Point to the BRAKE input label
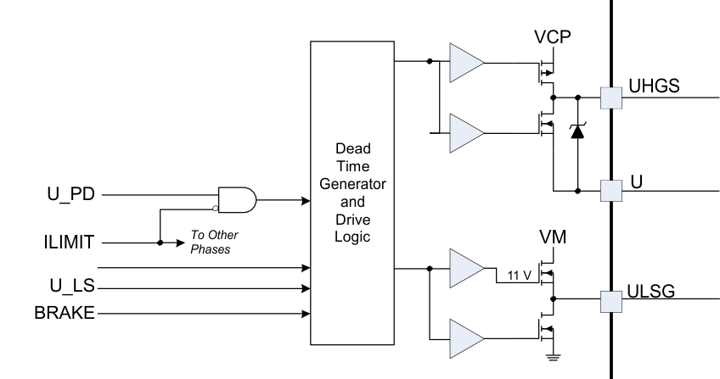[x=64, y=314]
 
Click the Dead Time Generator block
[x=353, y=192]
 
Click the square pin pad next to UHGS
[x=611, y=98]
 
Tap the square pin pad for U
[x=611, y=188]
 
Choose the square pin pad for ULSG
[x=611, y=299]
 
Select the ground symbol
[x=553, y=358]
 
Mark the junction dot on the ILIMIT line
[x=160, y=242]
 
